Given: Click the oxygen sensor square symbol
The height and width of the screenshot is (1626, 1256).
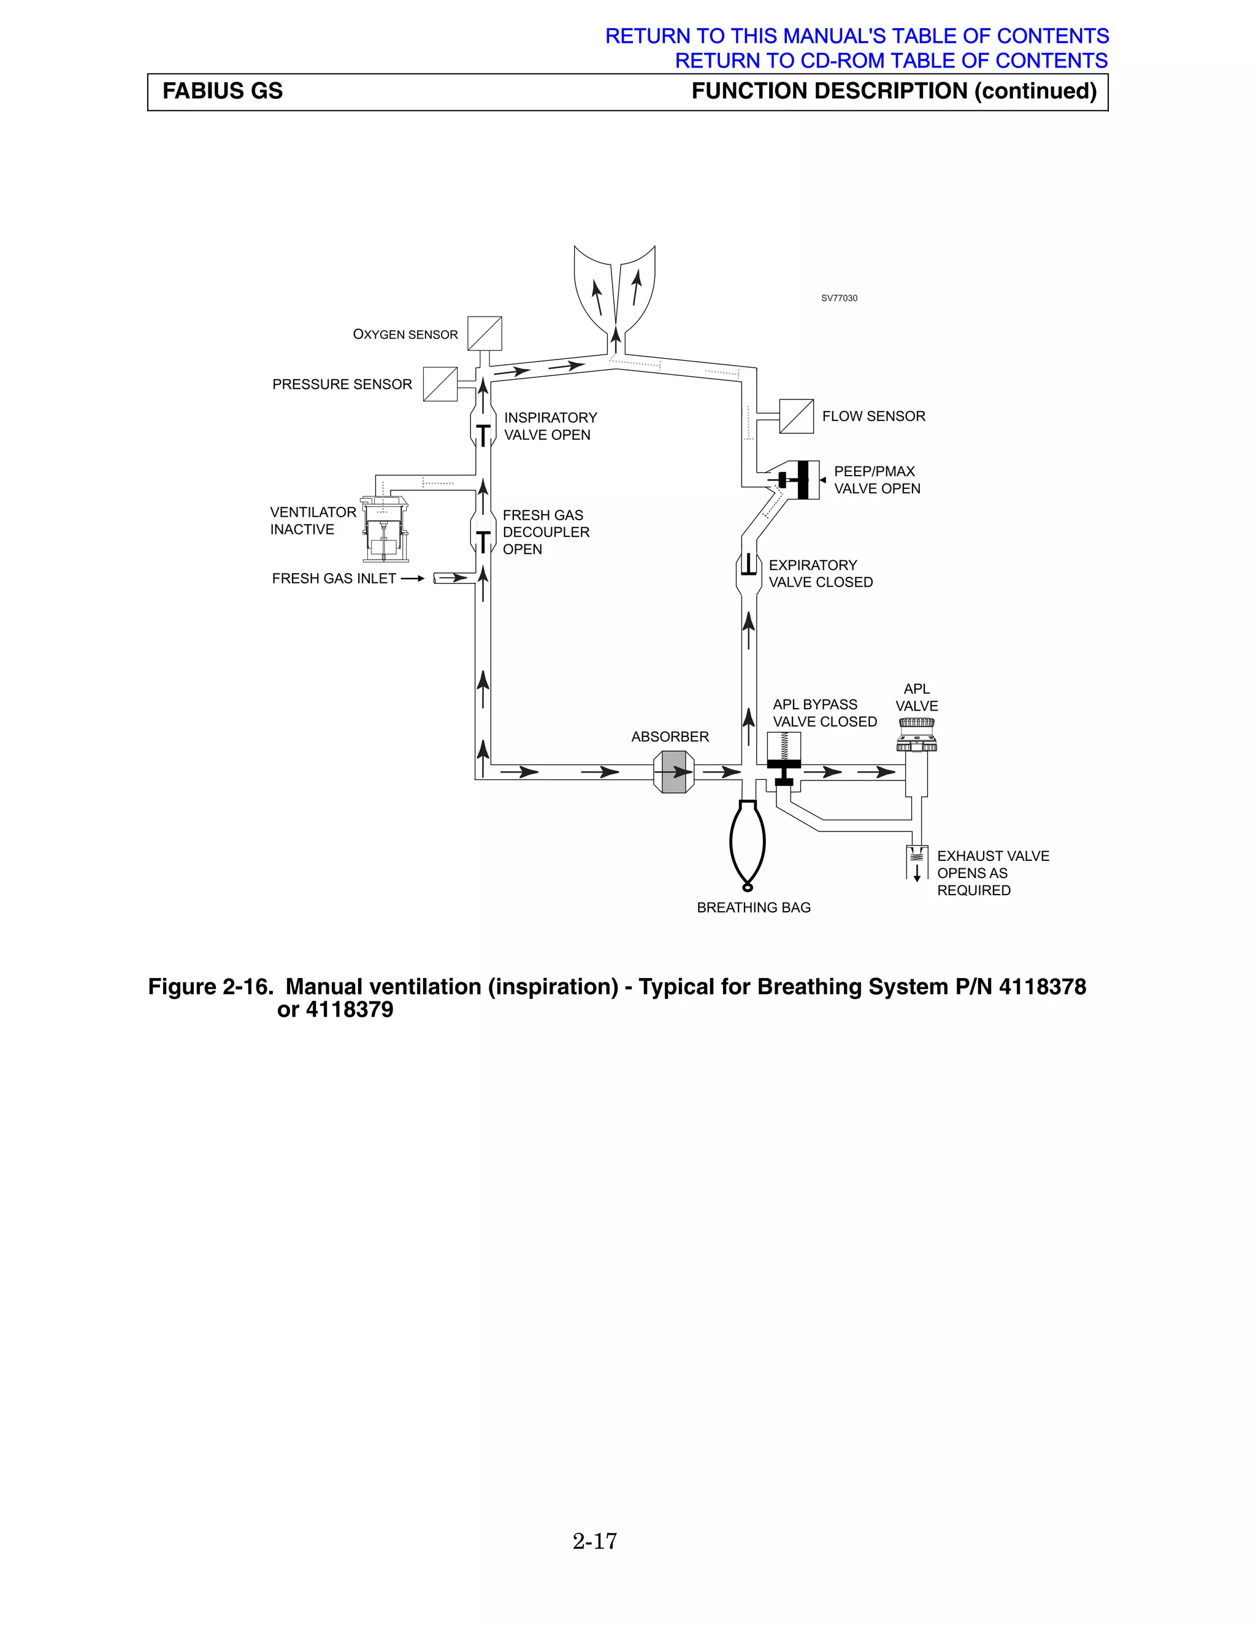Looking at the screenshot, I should click(484, 334).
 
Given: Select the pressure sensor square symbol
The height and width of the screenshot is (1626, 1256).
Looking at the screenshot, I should click(440, 384).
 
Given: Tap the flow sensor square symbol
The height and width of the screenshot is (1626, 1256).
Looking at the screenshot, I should click(796, 416).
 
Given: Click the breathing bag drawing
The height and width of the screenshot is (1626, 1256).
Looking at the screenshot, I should click(748, 844).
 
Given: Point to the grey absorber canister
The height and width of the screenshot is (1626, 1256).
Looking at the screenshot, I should click(673, 772).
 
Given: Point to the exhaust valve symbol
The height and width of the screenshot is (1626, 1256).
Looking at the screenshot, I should click(917, 862).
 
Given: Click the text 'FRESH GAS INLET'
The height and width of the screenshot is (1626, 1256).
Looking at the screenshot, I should click(334, 579).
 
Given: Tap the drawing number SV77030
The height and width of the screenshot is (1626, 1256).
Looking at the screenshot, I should click(838, 298).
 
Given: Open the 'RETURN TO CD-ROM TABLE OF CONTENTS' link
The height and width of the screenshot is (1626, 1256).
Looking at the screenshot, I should click(890, 60).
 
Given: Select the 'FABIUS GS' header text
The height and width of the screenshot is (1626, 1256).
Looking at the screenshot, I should click(223, 91).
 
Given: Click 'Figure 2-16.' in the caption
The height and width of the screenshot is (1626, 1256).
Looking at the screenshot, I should click(210, 987).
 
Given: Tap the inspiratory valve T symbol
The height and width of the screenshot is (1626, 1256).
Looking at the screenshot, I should click(484, 435).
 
